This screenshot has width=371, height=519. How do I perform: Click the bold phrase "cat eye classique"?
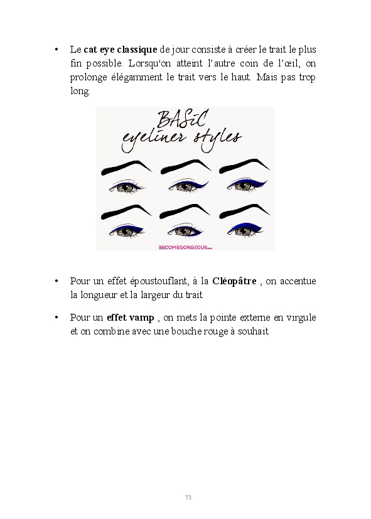120,50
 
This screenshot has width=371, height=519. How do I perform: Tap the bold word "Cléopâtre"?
234,281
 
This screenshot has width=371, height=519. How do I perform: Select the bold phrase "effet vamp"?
131,318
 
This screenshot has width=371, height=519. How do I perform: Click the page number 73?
188,497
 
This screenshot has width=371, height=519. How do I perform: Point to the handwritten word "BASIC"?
182,119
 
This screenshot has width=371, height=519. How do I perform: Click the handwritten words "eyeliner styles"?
181,140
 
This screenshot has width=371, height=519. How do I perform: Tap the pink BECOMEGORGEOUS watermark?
185,247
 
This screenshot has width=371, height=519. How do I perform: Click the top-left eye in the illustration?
126,187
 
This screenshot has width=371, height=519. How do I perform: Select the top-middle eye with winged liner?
188,186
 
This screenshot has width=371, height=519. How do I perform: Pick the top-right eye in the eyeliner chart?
246,185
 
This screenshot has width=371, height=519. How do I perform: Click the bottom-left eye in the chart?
126,231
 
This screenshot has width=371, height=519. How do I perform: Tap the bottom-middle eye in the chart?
185,230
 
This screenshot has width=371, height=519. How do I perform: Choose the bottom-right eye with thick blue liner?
244,230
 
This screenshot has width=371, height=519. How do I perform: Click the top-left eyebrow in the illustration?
126,167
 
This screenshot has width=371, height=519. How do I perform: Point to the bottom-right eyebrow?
244,211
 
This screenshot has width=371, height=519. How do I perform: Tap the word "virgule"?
301,318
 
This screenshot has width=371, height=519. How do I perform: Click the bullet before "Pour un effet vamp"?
56,318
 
